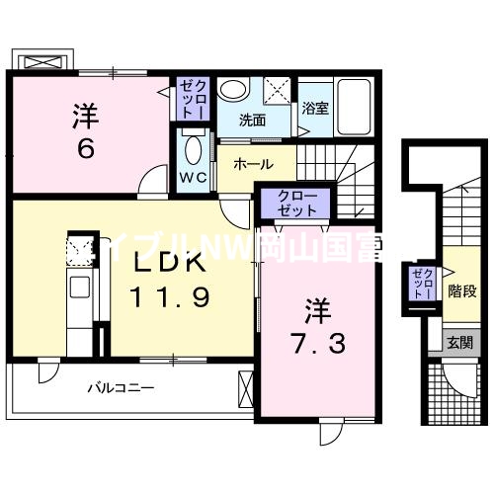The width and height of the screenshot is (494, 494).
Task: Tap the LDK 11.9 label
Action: point(169,281)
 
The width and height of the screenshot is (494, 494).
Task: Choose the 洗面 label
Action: point(253,121)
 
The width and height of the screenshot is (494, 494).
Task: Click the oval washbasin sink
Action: point(233,90)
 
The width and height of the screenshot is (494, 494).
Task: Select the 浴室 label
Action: point(315,108)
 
